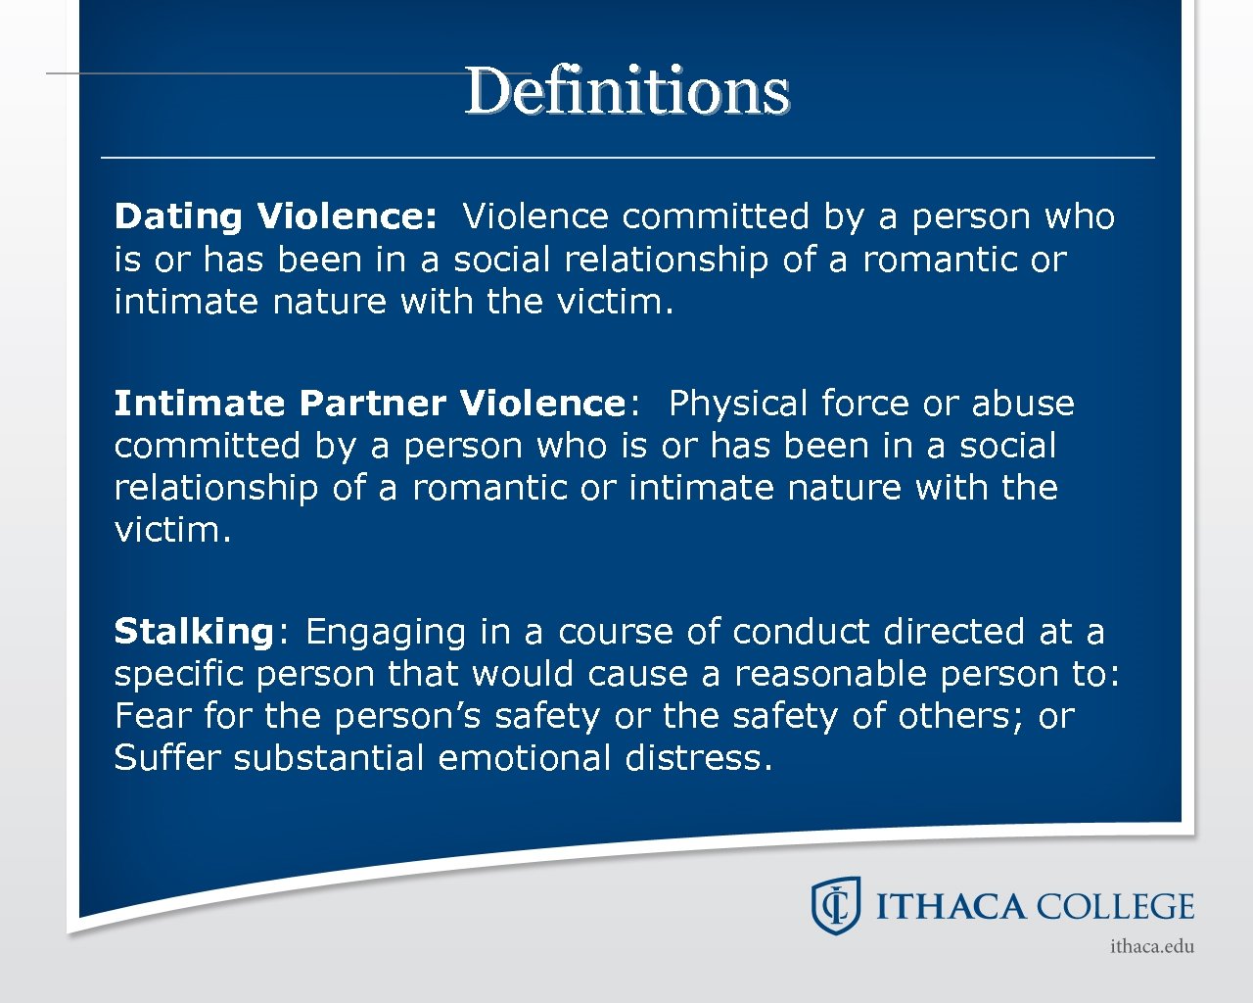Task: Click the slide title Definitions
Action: (x=626, y=91)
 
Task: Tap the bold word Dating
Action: (x=177, y=216)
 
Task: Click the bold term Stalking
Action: (x=194, y=632)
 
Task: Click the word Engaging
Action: (x=386, y=633)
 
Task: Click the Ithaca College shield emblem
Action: (x=835, y=905)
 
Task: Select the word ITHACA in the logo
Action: (x=950, y=907)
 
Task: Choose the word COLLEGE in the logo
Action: (x=1115, y=907)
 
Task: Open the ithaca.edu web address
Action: (x=1152, y=946)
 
